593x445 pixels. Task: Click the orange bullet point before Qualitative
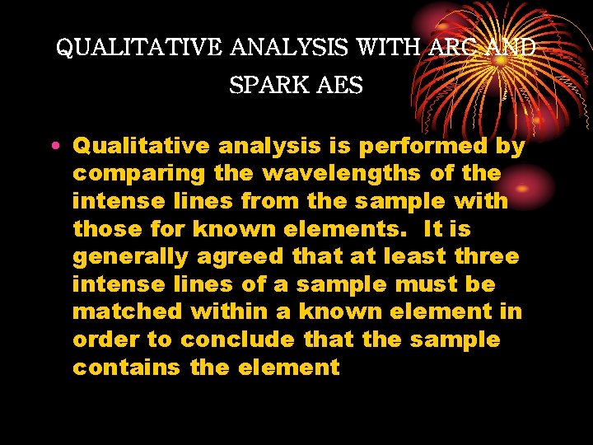[54, 147]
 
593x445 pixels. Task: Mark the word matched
[128, 312]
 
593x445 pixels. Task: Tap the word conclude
[240, 340]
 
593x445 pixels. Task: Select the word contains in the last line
[127, 368]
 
